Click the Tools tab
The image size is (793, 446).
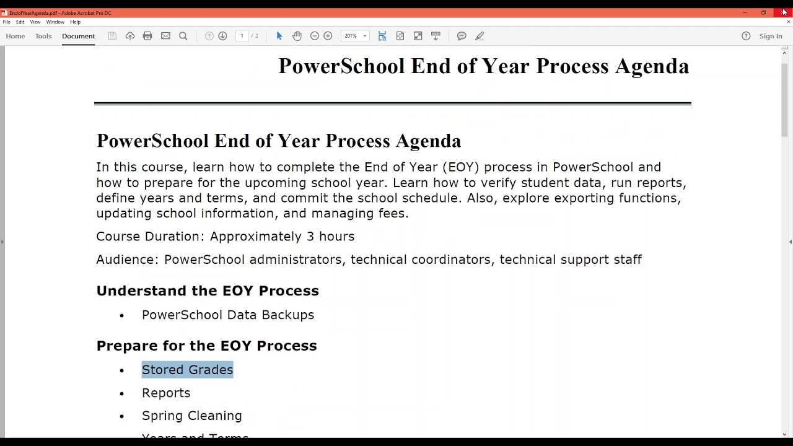coord(43,36)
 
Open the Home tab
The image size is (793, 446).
coord(15,36)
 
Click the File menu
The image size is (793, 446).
coord(6,22)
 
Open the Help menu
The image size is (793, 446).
coord(75,22)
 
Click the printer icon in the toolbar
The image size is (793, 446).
coord(147,36)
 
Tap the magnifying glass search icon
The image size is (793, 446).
coord(183,36)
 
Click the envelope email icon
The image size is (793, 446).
coord(165,36)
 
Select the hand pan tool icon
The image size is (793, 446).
coord(297,36)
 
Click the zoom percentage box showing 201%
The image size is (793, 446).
coord(351,36)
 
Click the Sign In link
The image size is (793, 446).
coord(771,36)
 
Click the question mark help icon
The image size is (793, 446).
coord(746,36)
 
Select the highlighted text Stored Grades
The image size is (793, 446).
coord(187,370)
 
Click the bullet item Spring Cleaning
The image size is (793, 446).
coord(191,416)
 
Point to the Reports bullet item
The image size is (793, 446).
coord(166,393)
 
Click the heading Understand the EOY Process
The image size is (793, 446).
coord(208,291)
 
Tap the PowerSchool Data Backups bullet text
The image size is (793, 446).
coord(228,315)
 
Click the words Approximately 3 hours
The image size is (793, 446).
coord(282,236)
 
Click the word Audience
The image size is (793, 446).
coord(126,260)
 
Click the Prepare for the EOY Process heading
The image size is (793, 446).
coord(206,346)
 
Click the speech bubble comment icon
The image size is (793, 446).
coord(462,36)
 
